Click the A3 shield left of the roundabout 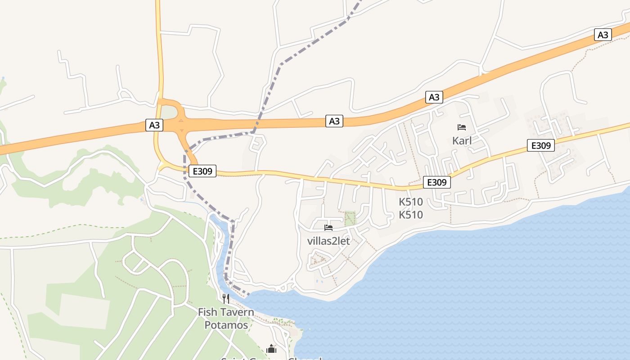click(154, 125)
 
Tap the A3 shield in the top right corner click(603, 35)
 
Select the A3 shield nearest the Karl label click(434, 97)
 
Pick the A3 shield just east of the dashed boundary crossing click(334, 121)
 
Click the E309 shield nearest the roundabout click(202, 171)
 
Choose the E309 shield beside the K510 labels click(436, 182)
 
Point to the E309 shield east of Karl click(541, 145)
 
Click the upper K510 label click(411, 202)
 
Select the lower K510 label click(411, 215)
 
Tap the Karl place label click(462, 140)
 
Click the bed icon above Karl click(462, 127)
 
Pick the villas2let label click(328, 241)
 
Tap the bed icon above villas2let click(328, 228)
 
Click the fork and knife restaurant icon click(226, 298)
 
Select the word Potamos click(226, 325)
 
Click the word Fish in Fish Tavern click(207, 312)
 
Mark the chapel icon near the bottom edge click(271, 349)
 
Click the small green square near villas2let click(350, 218)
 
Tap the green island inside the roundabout click(169, 112)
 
